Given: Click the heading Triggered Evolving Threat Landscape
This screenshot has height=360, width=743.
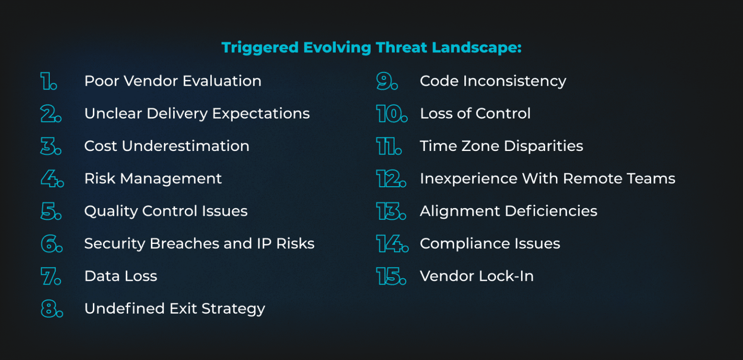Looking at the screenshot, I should tap(371, 48).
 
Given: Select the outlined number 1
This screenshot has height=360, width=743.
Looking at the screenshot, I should tap(48, 81).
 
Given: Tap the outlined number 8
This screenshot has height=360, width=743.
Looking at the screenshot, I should tap(51, 309).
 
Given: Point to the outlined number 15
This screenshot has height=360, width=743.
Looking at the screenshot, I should tap(391, 276).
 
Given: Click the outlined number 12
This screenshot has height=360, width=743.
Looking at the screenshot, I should tap(391, 179).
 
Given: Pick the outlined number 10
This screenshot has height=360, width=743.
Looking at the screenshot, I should tap(391, 114).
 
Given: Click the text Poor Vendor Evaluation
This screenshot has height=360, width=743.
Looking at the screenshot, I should tap(173, 81).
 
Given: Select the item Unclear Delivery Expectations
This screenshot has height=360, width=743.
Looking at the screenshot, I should tap(197, 114).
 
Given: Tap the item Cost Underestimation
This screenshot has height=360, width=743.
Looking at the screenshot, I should tap(166, 146).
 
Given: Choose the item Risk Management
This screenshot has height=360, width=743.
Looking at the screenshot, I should tap(153, 179).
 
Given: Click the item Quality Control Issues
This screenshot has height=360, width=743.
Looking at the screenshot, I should tap(165, 211).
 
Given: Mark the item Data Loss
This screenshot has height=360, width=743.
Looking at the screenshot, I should tap(120, 276).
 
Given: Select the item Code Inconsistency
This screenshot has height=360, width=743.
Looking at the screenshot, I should tap(492, 81).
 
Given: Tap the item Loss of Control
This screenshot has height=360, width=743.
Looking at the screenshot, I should tap(475, 114).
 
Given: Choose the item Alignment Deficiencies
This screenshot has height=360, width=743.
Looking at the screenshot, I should tap(508, 211).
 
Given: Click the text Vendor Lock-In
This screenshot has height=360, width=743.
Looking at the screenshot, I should tap(476, 276).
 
